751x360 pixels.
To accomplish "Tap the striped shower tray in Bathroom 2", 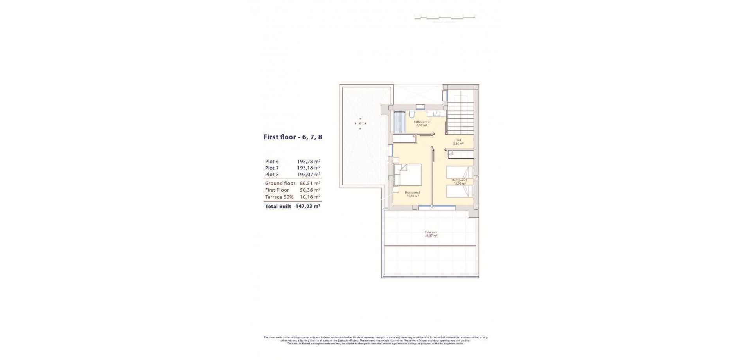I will click(x=399, y=124).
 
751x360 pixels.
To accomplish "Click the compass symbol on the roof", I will click(x=360, y=124).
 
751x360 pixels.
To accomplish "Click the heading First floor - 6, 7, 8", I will click(x=293, y=137).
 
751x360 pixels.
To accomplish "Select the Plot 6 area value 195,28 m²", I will click(x=309, y=161).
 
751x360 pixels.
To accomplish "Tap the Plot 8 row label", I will click(x=272, y=175).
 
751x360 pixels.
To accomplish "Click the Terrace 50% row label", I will click(x=279, y=197).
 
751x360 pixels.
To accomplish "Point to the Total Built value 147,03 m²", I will click(x=308, y=206).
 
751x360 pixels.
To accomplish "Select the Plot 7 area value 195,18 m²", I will click(x=309, y=168).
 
